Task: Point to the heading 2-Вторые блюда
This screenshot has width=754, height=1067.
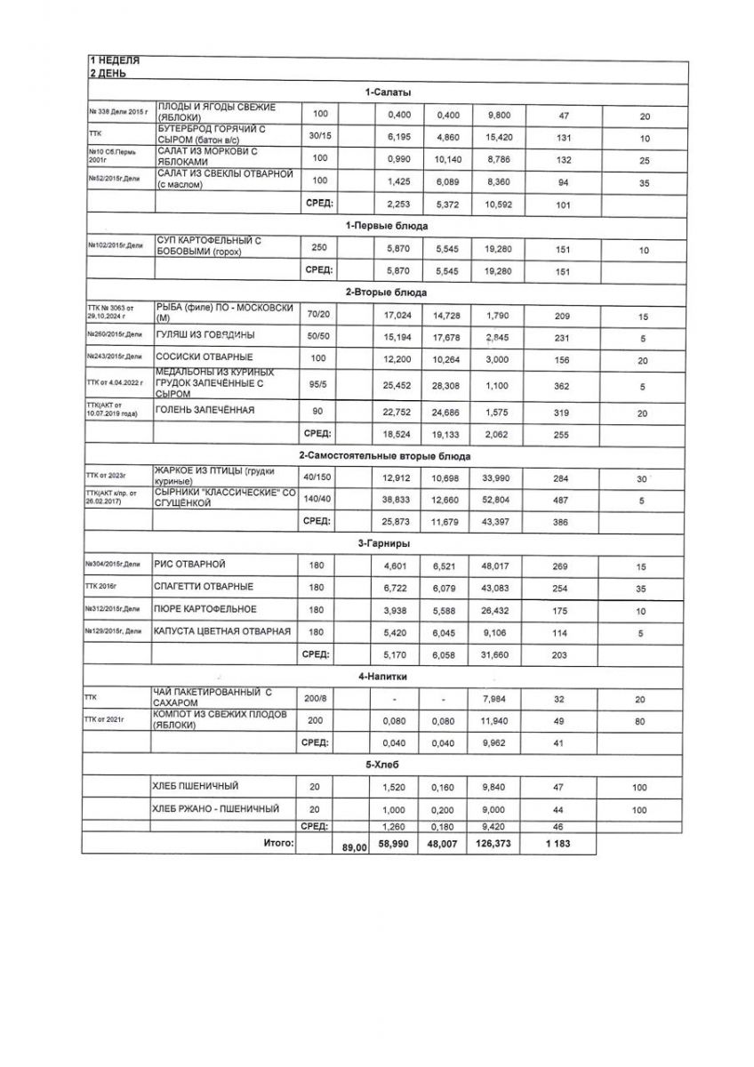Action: pyautogui.click(x=386, y=292)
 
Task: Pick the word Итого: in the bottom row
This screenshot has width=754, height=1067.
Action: pyautogui.click(x=278, y=841)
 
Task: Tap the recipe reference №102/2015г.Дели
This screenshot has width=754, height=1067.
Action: pyautogui.click(x=116, y=245)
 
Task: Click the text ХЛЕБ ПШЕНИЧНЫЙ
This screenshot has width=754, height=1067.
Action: pyautogui.click(x=197, y=786)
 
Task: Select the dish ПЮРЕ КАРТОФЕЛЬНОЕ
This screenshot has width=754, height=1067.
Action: pyautogui.click(x=206, y=608)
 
